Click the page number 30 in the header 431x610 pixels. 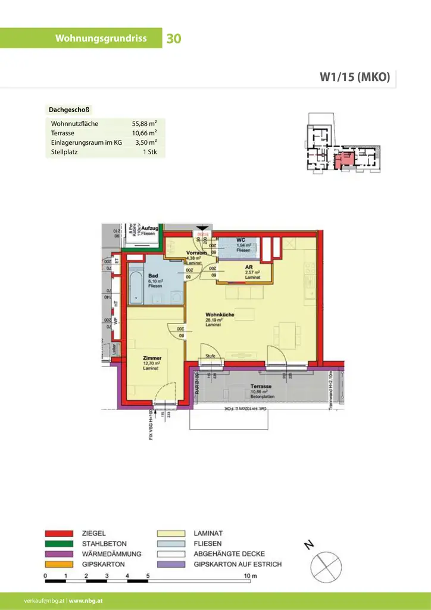pos(174,39)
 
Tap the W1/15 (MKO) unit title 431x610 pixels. pos(355,76)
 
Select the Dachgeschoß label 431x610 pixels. pos(69,110)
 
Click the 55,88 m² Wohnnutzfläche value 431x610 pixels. pos(144,124)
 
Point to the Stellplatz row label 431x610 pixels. pos(65,152)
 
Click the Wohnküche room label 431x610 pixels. pos(220,315)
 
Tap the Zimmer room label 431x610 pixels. pos(152,359)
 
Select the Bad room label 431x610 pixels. pos(153,276)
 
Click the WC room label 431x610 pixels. pos(241,240)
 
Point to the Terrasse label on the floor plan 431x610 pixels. pos(261,386)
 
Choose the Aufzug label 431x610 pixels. pos(149,229)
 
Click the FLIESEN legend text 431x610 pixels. pos(208,543)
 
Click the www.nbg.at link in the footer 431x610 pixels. pos(86,601)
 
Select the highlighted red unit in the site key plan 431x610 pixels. pos(344,160)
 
